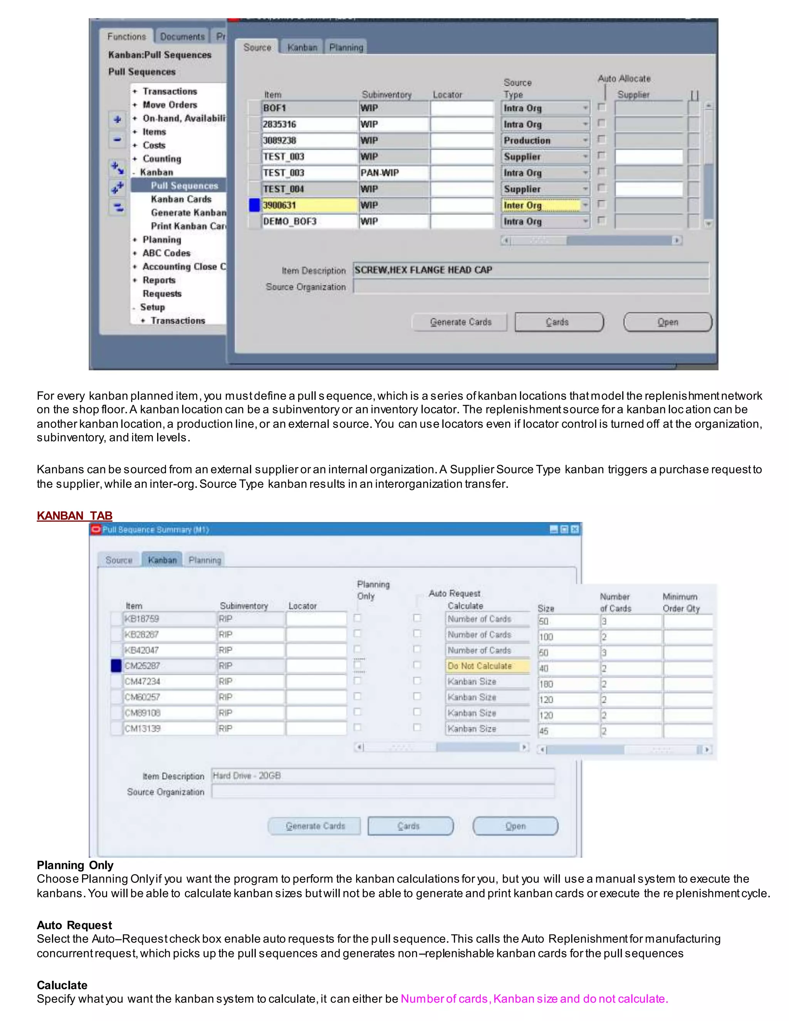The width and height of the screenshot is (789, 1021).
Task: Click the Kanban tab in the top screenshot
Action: click(302, 47)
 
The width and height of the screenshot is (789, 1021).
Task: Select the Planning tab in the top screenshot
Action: click(346, 47)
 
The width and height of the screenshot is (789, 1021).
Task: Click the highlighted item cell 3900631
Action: click(309, 205)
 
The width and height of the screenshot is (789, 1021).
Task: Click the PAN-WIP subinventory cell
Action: click(393, 173)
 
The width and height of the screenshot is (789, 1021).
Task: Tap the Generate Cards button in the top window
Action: click(460, 322)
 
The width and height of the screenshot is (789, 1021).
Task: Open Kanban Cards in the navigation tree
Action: click(181, 199)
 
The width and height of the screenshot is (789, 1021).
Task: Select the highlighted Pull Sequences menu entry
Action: click(184, 186)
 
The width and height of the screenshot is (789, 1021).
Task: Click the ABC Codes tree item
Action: click(166, 253)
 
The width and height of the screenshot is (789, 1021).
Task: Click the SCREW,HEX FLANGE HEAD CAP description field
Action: click(530, 270)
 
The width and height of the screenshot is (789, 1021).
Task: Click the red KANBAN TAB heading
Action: click(74, 516)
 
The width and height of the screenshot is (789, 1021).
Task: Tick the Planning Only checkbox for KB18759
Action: click(358, 618)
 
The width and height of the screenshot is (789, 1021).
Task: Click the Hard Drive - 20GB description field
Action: click(382, 776)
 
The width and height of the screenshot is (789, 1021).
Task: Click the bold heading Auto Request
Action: click(74, 925)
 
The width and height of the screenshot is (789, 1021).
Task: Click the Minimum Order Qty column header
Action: click(681, 603)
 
